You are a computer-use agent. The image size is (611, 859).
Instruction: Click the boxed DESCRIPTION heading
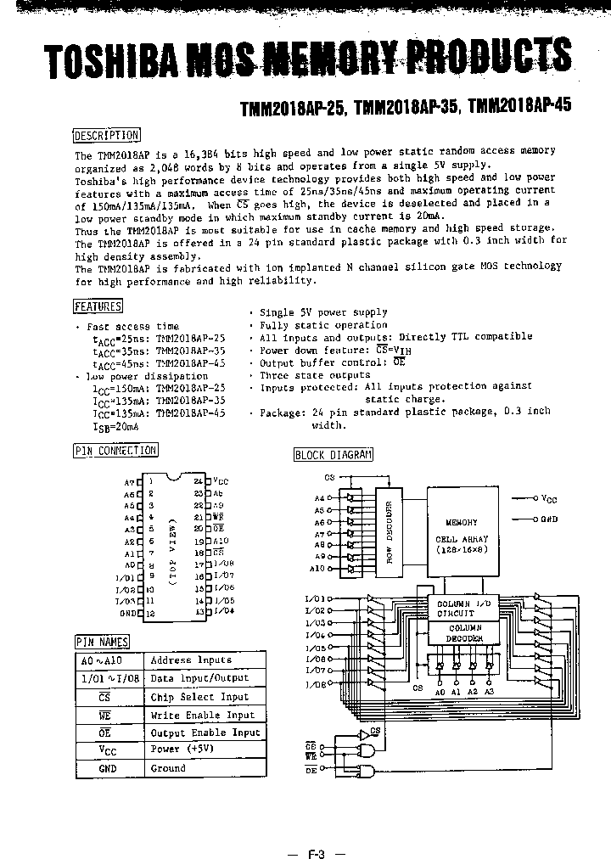106,135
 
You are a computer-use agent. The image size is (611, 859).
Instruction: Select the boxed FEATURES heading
98,306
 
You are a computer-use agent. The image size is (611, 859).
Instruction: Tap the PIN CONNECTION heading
115,451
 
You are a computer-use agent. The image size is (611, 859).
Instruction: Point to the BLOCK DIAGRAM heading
333,454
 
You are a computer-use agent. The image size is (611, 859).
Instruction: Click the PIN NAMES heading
102,642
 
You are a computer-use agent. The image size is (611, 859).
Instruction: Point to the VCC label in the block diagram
549,500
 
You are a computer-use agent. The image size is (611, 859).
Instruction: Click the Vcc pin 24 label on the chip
219,480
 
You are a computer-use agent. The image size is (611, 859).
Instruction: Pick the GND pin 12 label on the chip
129,612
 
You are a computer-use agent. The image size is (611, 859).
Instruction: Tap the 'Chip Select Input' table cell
199,697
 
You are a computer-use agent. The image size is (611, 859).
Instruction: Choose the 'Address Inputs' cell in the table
191,660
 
